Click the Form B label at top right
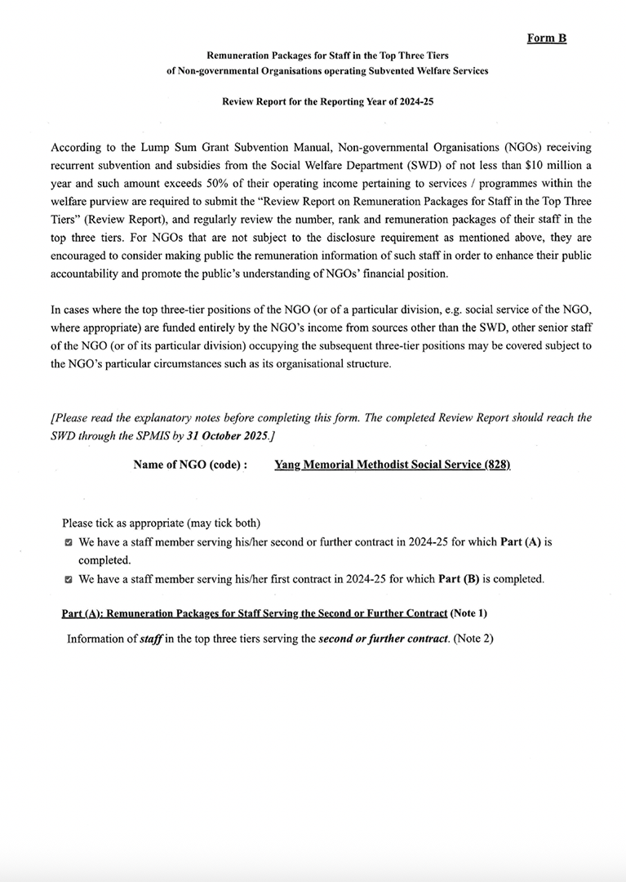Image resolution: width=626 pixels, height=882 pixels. pyautogui.click(x=547, y=38)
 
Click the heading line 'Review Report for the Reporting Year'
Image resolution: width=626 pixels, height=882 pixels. pyautogui.click(x=313, y=105)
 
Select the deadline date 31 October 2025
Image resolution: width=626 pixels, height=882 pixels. pyautogui.click(x=224, y=437)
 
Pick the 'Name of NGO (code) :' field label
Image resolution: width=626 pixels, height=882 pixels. pyautogui.click(x=190, y=465)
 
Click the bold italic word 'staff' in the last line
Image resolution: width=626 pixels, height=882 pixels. pyautogui.click(x=150, y=639)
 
